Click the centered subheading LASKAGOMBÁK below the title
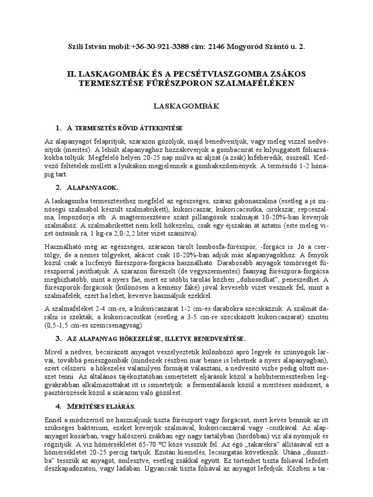[x=186, y=104]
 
